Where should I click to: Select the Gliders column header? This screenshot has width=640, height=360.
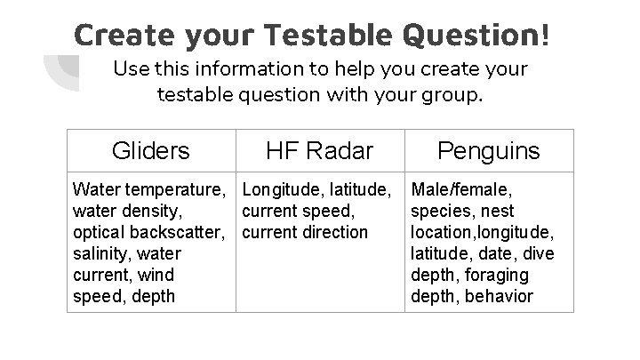coord(151,150)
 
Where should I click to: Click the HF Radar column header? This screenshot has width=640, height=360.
coord(320,150)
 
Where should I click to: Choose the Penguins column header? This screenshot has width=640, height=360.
coord(488,150)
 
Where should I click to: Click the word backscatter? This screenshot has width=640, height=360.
coord(182,232)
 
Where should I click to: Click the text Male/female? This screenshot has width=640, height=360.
coord(461,189)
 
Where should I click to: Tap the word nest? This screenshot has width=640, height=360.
coord(498,211)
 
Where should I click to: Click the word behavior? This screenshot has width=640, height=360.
coord(499,296)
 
